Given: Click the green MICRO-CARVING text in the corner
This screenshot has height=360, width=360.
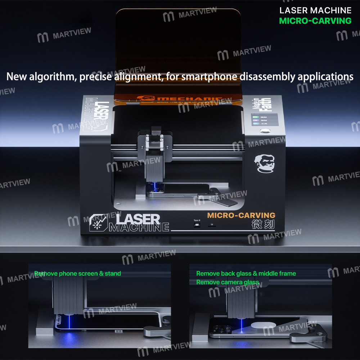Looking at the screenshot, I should tap(315, 21).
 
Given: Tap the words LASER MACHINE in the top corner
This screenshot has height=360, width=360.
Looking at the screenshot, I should tap(315, 10).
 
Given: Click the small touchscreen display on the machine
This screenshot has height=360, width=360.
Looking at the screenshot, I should tap(265, 120).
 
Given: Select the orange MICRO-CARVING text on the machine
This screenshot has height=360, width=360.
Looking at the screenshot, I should tap(241, 216).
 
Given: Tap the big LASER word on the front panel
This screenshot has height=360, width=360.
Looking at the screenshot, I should tap(138, 219).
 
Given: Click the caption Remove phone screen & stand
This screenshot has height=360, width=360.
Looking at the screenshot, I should tap(78, 274).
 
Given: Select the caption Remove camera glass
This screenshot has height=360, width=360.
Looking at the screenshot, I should tap(228, 282).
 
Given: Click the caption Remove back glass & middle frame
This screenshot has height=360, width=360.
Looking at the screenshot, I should tap(246, 274).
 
